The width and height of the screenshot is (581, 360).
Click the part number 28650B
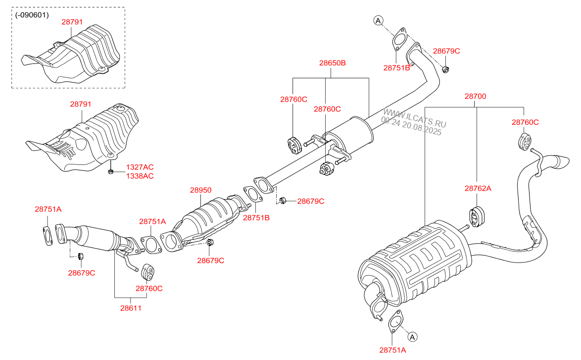332,63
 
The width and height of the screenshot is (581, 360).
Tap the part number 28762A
478,188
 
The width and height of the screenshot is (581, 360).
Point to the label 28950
200,190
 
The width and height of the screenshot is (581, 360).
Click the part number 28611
131,308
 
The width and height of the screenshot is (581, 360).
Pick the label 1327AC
140,167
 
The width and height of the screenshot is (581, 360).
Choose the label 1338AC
140,176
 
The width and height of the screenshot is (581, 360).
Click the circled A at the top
378,20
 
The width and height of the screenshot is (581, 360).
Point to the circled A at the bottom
413,336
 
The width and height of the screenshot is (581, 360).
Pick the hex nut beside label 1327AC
111,172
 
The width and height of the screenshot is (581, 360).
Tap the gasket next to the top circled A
399,40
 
